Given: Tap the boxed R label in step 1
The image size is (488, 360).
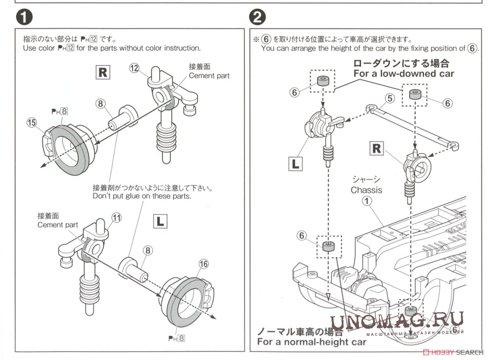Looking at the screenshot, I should point(103,72).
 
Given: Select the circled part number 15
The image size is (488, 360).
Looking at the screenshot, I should point(32,123).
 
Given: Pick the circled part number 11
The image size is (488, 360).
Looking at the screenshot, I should point(116,218).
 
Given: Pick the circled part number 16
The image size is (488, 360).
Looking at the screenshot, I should point(204,263).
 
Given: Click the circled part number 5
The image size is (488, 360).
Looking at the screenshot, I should point(390,98).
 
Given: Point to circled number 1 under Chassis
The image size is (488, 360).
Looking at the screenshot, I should point(366,202).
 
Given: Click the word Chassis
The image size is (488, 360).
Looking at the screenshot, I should point(366,190).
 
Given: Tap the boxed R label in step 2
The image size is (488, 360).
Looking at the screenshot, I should point(377,148).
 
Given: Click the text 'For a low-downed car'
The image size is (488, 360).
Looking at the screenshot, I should point(403,74).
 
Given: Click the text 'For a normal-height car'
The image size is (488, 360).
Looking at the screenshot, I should point(311,342).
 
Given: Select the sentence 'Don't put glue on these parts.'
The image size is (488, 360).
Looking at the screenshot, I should point(142,196).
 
